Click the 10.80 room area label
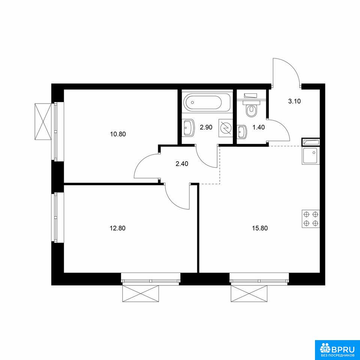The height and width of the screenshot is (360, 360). (118, 134)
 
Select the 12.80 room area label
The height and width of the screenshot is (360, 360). (118, 228)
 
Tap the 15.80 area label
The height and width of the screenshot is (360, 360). (260, 228)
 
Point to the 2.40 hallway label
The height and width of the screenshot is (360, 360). (181, 164)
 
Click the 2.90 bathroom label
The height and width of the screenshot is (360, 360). (206, 127)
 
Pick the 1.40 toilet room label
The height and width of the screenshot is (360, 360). (259, 127)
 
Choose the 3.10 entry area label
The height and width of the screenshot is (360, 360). (295, 101)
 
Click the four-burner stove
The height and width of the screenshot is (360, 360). (310, 219)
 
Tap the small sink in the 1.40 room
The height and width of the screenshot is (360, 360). (242, 132)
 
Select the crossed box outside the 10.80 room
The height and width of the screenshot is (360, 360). (43, 121)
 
